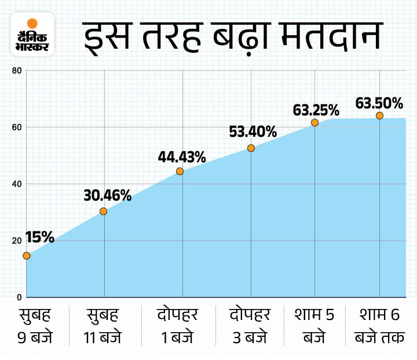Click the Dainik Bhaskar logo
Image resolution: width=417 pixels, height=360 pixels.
[32, 34]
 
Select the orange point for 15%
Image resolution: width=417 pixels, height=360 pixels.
[27, 256]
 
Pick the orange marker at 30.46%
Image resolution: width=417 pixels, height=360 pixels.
[104, 211]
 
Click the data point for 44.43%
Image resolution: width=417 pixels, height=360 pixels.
[180, 171]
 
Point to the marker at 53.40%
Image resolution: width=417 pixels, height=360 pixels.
[251, 148]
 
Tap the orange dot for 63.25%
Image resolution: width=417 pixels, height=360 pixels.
[314, 122]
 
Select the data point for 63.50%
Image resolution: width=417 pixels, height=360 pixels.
[379, 115]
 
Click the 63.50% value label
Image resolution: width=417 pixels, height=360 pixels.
[379, 103]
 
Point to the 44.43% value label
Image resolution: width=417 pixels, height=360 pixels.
[182, 157]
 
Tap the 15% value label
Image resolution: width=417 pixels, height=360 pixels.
[40, 237]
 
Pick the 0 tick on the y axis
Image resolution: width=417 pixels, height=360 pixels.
[19, 297]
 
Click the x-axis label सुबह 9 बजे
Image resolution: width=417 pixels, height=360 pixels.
[35, 326]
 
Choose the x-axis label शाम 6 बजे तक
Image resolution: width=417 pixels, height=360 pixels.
[379, 326]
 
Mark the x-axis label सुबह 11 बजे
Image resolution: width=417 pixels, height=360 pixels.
[104, 326]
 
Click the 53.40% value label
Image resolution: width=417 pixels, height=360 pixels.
[253, 132]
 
